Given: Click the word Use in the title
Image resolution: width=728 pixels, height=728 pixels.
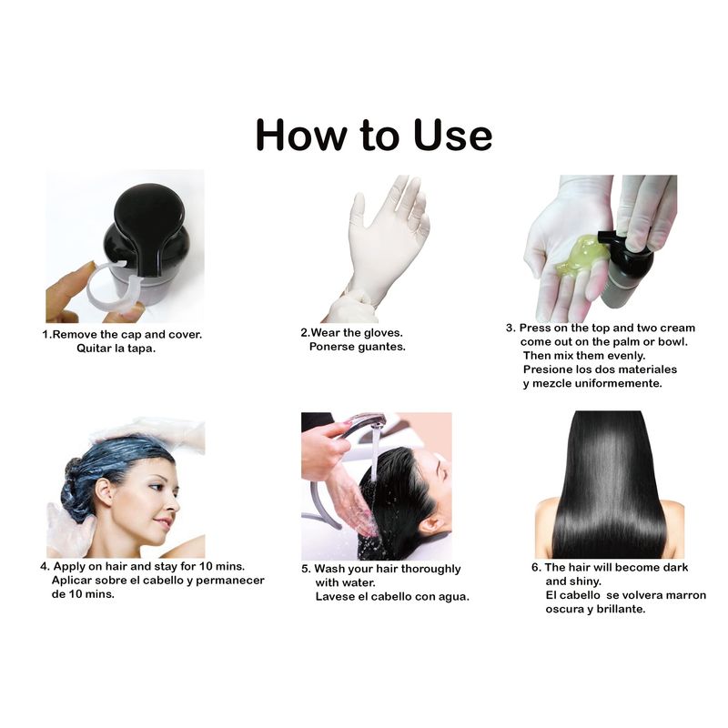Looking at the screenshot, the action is (x=452, y=135).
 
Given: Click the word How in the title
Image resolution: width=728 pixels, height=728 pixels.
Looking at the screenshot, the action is (x=301, y=135).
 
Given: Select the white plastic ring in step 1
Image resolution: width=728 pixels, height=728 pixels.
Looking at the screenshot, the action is (x=115, y=290).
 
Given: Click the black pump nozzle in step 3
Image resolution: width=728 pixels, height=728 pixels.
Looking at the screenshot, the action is (x=609, y=236).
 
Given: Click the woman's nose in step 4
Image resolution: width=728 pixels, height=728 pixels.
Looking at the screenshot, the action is (x=175, y=503).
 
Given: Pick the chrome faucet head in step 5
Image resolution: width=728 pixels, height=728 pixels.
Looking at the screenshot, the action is (x=367, y=420).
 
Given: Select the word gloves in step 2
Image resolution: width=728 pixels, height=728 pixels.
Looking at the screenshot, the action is (x=383, y=333).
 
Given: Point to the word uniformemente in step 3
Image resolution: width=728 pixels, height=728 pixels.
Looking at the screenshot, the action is (x=619, y=383).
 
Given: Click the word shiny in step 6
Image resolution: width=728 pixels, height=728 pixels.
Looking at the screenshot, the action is (x=587, y=581).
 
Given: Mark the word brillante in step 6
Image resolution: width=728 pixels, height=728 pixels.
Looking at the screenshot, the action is (x=620, y=609).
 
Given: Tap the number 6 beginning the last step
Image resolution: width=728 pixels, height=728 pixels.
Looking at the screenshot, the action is (x=535, y=568).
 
